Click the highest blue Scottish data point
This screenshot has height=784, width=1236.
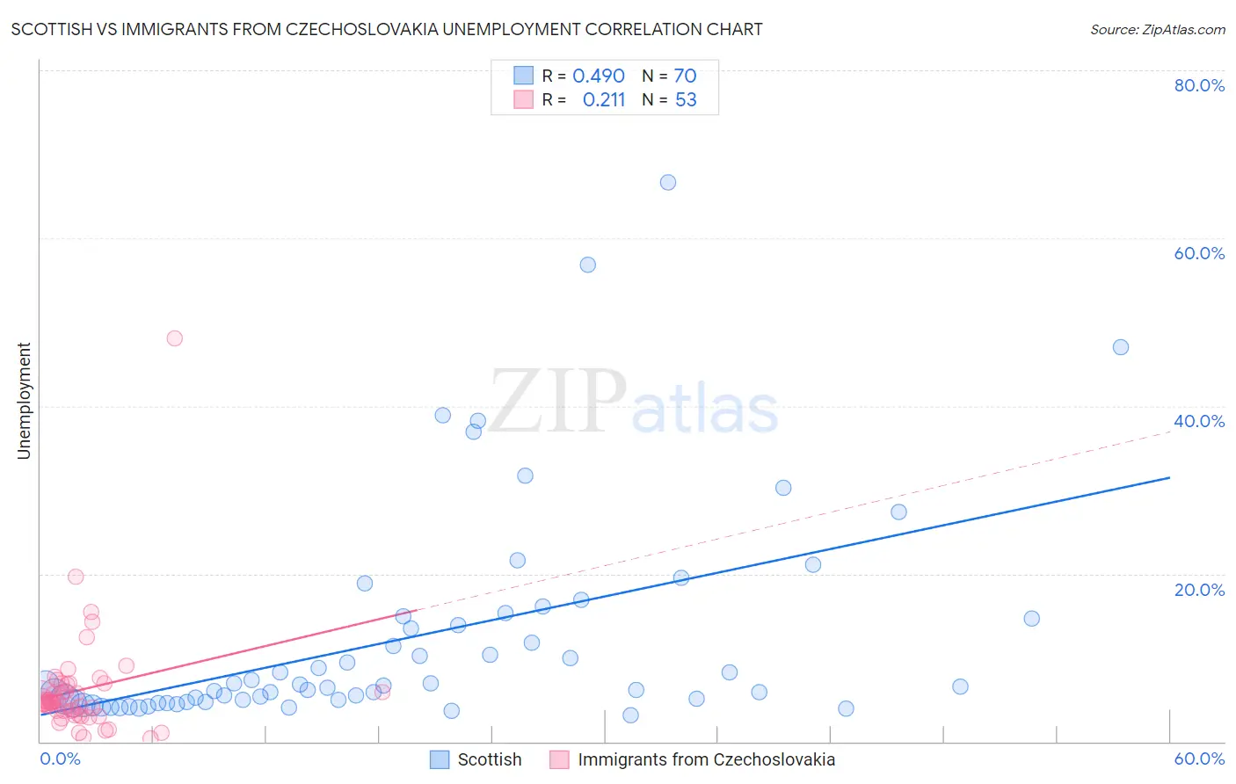coord(668,183)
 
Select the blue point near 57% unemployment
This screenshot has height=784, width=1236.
coord(588,265)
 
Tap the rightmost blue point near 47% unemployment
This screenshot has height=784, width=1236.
coord(1121,347)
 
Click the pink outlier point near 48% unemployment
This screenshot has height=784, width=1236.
coord(175,338)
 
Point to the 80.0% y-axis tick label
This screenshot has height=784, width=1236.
coord(1199,85)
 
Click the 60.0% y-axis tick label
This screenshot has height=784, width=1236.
coord(1199,253)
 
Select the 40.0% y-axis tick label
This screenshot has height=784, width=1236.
coord(1199,421)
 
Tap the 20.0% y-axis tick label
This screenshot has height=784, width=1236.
coord(1199,590)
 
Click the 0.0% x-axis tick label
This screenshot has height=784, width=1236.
coord(60,759)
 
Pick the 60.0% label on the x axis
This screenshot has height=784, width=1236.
coord(1199,759)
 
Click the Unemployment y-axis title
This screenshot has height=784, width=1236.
coord(24,401)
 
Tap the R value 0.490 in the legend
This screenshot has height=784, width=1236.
coord(599,76)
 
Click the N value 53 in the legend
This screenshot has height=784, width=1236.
coord(686,100)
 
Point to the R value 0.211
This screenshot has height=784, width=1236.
coord(604,100)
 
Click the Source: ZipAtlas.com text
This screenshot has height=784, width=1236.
coord(1158,30)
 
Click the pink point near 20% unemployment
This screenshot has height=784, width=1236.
coord(76,577)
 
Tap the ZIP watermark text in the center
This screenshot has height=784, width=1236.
coord(558,403)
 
